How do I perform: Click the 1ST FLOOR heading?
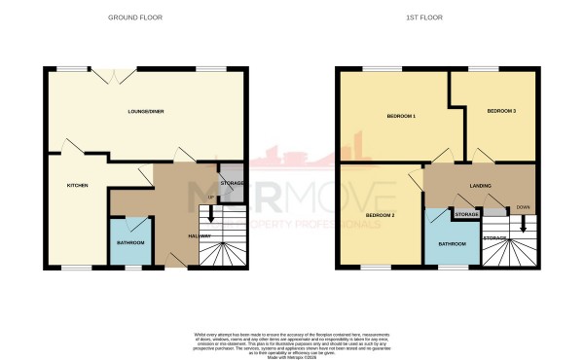[435, 18]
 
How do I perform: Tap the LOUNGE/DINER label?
[145, 112]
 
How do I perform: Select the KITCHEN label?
[77, 185]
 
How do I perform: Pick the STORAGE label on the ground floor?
[232, 183]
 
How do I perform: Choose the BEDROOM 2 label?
[379, 214]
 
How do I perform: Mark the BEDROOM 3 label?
[500, 112]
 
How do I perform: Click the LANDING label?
[480, 185]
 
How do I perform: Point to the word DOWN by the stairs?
[524, 206]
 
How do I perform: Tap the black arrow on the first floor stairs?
[524, 224]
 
